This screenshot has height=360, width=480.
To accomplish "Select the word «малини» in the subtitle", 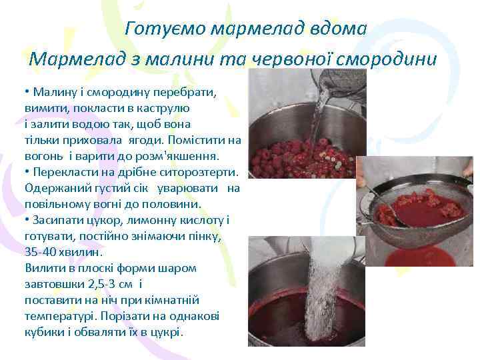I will pos(183,59).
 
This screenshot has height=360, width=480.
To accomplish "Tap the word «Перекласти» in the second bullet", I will pos(63,173).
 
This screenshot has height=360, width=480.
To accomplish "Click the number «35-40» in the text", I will pos(40,253).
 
